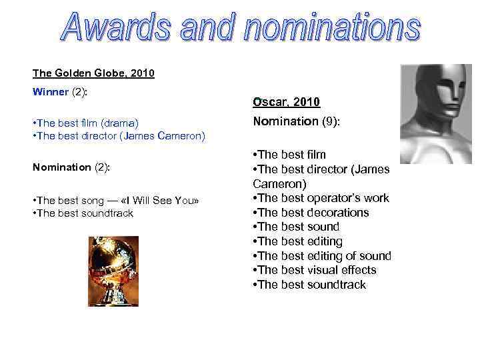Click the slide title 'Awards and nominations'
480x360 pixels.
(x=241, y=29)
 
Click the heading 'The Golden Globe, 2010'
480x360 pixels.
(x=93, y=73)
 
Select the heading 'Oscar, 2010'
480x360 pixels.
(x=286, y=102)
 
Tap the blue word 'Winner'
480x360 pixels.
(x=50, y=92)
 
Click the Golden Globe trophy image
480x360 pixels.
(x=113, y=271)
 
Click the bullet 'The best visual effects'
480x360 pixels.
(x=315, y=270)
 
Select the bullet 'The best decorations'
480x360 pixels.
(x=311, y=213)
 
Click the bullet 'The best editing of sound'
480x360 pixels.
(x=322, y=256)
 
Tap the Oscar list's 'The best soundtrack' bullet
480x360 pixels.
(x=309, y=285)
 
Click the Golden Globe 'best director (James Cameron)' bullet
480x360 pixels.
(x=119, y=136)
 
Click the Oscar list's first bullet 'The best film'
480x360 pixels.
(x=289, y=155)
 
